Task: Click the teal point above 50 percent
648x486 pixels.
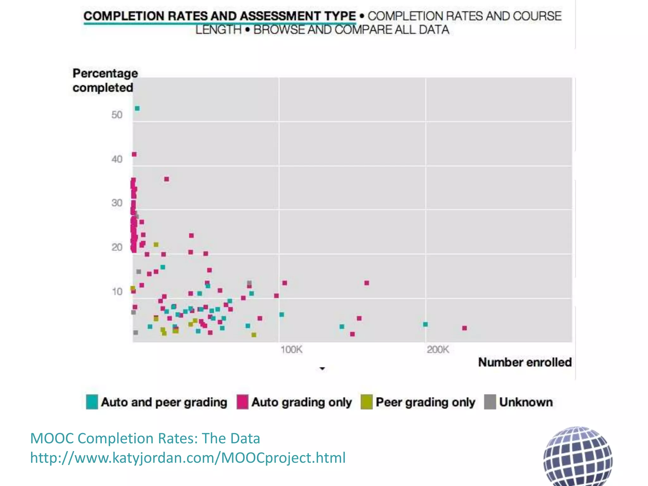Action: coord(137,109)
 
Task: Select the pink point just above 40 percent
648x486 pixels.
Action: coord(134,154)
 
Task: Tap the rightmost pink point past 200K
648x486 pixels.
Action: coord(464,328)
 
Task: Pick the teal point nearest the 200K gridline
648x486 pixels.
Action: coord(426,324)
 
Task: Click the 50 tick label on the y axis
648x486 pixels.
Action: coord(117,115)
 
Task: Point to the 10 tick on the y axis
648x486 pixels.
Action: coord(117,291)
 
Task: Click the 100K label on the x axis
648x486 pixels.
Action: coord(291,350)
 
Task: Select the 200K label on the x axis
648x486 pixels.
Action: coord(438,350)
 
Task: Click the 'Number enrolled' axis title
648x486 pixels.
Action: coord(525,362)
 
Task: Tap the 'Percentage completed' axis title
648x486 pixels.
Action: coord(105,80)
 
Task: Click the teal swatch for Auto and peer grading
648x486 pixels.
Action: coord(92,402)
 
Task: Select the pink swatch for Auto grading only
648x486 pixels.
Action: coord(242,402)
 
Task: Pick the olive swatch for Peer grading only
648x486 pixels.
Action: coord(366,402)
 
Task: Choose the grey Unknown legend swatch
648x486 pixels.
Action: coord(490,402)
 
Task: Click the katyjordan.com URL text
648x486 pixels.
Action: coord(188,458)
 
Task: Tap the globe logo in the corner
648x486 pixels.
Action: coord(578,457)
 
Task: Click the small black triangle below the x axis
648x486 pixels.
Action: coord(322,369)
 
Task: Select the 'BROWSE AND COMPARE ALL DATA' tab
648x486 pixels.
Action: coord(351,30)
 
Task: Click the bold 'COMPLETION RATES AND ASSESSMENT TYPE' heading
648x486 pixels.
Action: coord(220,16)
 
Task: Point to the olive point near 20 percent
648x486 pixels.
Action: coord(156,245)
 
